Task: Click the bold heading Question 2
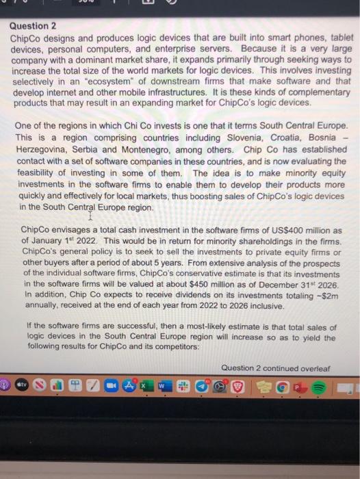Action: point(34,26)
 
